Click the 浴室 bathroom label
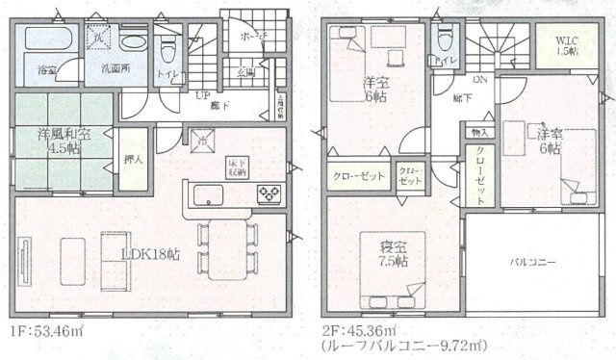click(46, 70)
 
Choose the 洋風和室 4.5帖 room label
click(64, 140)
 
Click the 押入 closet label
click(134, 161)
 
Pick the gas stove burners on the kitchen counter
click(268, 194)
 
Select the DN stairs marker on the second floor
click(480, 82)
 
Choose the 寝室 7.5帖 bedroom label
click(392, 253)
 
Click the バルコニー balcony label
click(531, 261)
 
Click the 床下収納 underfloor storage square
click(237, 166)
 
